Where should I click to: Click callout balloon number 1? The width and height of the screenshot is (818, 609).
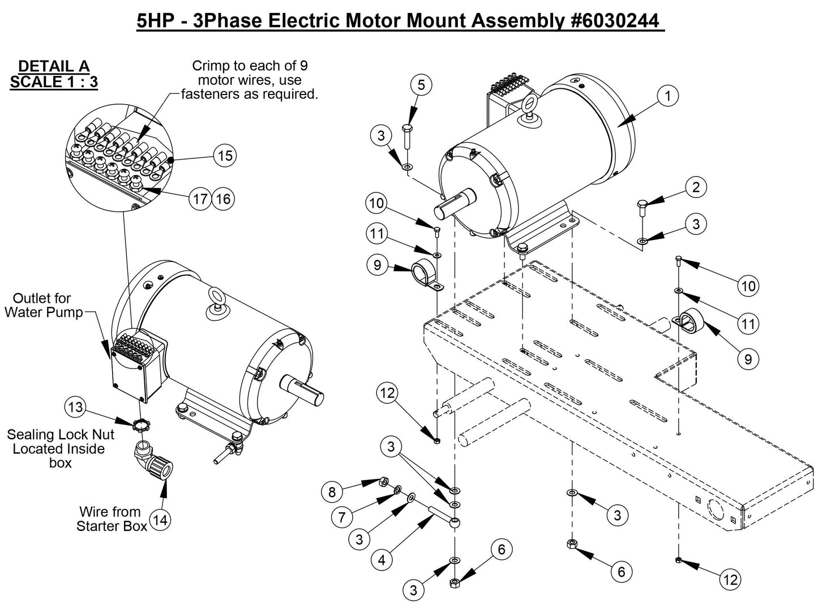(668, 96)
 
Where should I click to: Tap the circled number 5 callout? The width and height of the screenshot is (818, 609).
(421, 85)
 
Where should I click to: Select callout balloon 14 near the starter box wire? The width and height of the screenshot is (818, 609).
(161, 520)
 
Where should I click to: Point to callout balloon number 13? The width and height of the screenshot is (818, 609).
(76, 406)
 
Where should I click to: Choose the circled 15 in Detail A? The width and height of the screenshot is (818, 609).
(225, 155)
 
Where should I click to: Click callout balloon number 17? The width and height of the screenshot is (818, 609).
(200, 199)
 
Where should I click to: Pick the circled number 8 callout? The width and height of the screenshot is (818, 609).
(332, 492)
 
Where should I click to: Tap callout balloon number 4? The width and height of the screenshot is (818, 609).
(382, 560)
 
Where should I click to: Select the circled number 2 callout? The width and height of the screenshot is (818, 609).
(696, 187)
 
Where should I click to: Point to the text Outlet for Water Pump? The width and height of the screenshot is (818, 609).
(44, 305)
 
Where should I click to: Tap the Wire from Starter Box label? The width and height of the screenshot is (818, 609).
(111, 518)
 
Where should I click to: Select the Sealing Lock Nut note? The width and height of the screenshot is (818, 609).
(60, 448)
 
